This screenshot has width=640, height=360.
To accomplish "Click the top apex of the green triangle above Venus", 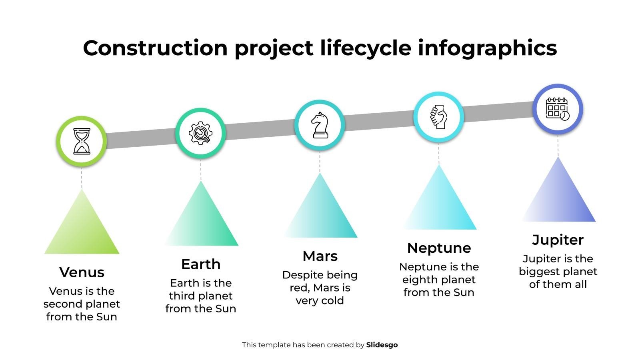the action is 82,189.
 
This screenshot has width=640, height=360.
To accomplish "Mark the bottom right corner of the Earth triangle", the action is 238,246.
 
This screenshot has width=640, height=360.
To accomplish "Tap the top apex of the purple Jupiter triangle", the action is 558,156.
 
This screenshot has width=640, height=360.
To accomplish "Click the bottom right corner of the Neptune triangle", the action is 476,230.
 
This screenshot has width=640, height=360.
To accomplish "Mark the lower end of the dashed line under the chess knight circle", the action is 320,172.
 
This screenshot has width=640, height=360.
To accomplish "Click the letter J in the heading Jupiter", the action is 536,240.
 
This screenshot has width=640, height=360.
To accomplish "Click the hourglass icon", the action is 82,141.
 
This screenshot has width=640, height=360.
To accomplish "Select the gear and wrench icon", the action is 200,133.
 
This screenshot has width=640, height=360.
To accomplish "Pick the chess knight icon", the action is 320,125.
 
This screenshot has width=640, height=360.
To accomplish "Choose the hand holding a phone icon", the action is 439,117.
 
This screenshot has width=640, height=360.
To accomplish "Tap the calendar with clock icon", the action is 558,109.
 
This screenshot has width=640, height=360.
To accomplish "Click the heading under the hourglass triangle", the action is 82,272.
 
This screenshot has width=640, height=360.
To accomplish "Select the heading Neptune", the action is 439,248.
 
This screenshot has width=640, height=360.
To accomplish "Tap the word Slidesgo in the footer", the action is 382,345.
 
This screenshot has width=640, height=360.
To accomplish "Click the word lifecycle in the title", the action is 366,48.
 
